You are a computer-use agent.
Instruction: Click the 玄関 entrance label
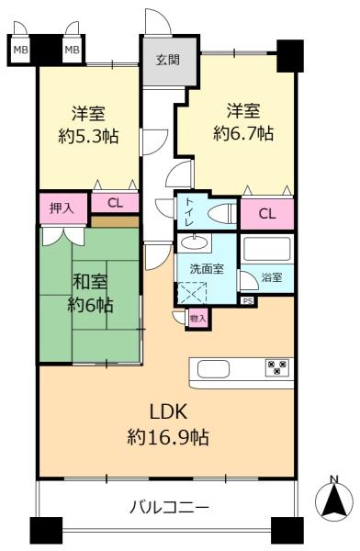click(x=167, y=61)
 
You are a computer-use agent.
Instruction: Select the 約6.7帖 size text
click(x=243, y=133)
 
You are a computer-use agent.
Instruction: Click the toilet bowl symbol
click(x=220, y=213)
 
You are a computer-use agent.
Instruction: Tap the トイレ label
click(x=189, y=211)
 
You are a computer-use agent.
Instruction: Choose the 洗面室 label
click(x=205, y=270)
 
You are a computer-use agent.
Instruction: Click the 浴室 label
click(x=272, y=276)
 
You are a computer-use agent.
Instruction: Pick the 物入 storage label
click(x=197, y=318)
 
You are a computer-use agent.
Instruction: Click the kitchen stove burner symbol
click(x=276, y=367)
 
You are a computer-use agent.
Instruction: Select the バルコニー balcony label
click(x=169, y=507)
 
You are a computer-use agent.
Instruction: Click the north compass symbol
click(x=334, y=501)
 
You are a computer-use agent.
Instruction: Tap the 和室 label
click(x=89, y=282)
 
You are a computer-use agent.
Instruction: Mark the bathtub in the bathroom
click(x=266, y=248)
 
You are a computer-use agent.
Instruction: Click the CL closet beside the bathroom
click(x=266, y=214)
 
